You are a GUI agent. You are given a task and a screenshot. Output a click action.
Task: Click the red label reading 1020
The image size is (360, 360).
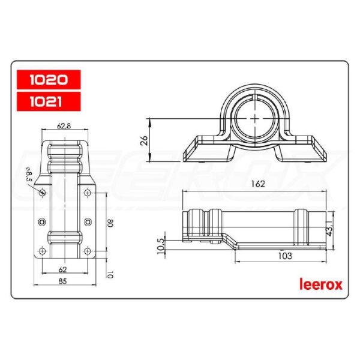pos(47,79)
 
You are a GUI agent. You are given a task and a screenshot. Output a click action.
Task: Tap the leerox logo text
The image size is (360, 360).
pos(320,284)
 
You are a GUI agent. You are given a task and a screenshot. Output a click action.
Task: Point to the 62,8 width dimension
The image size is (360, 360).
pos(64,126)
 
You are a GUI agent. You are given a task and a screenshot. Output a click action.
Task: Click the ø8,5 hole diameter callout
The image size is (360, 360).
pos(29,178)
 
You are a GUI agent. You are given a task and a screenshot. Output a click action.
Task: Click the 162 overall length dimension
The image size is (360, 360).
pos(257,185)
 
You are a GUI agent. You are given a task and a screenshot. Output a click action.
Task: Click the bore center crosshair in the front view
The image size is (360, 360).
pos(256,118)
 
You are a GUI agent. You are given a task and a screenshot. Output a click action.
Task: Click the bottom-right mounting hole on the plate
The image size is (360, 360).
pos(88,250)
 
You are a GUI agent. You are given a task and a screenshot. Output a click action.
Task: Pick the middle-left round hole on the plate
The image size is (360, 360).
pos(41,222)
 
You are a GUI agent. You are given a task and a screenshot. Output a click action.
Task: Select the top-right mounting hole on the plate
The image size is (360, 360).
pos(88,193)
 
